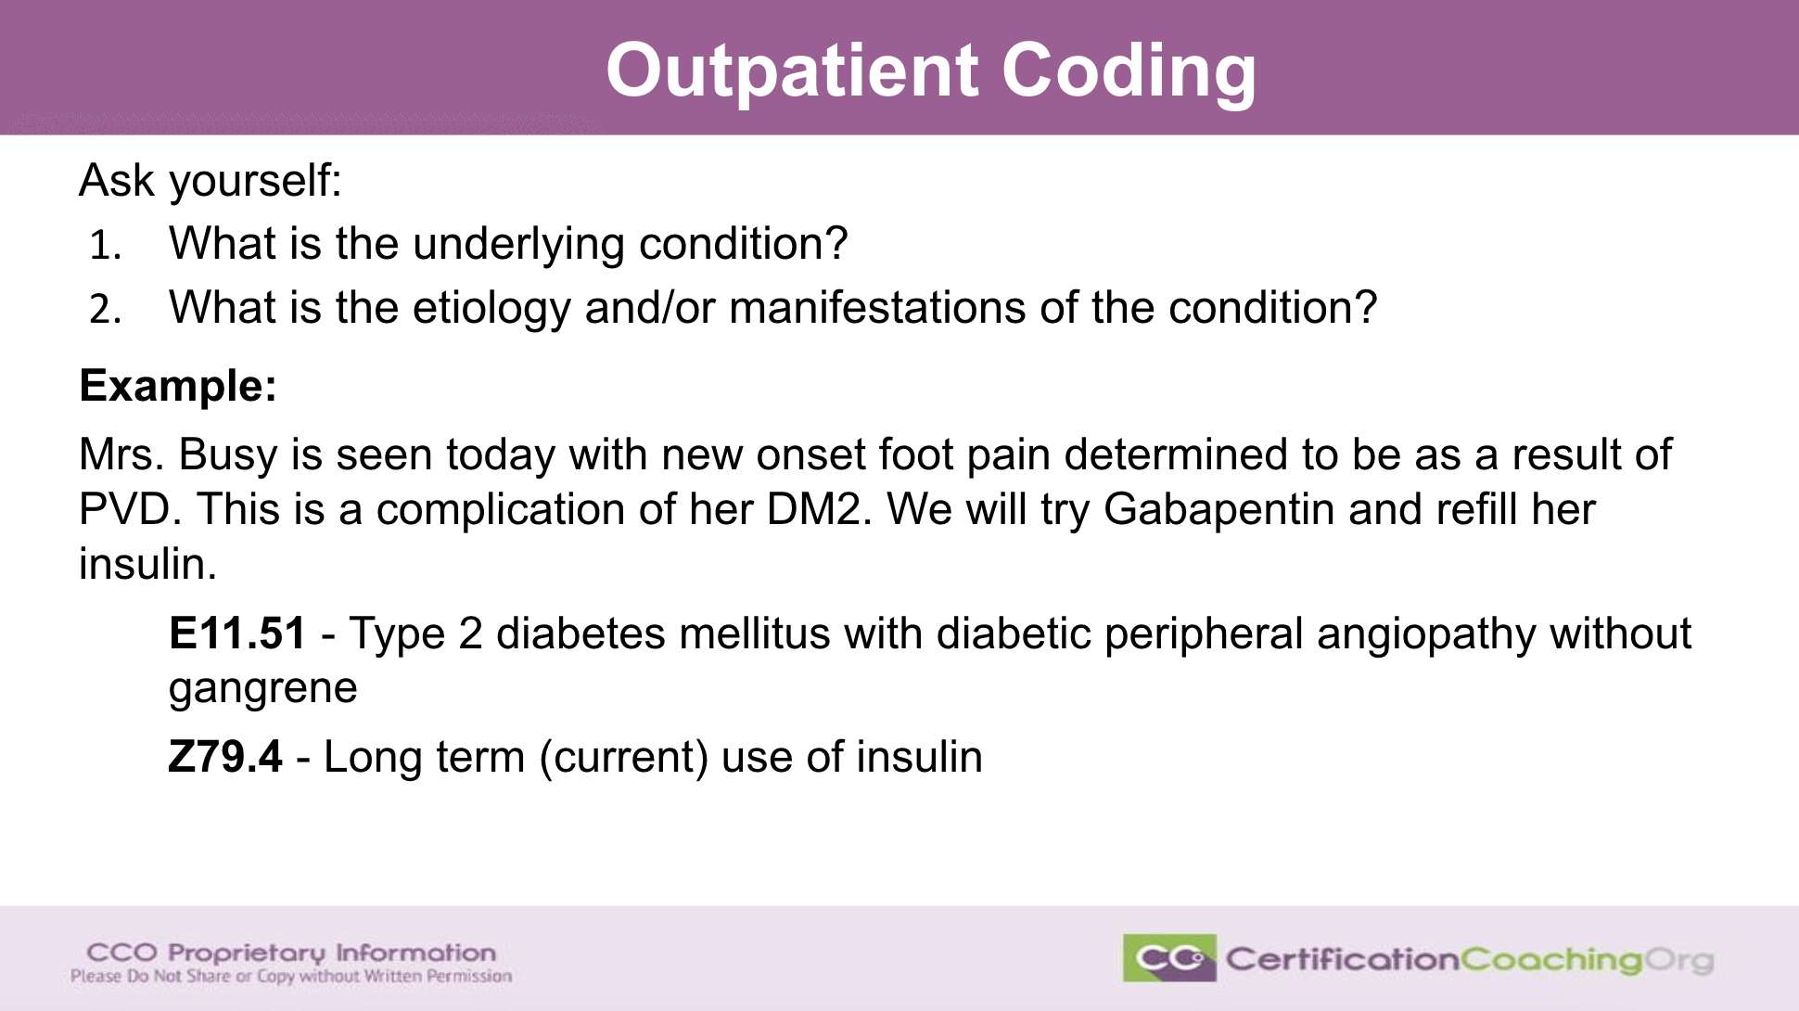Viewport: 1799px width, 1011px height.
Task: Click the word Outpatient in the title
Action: (x=792, y=71)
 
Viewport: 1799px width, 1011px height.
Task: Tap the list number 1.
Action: (x=105, y=246)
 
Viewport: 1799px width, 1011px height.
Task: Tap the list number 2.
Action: (x=105, y=309)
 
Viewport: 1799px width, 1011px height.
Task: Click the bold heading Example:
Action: (x=178, y=387)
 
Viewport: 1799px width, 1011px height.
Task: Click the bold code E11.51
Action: (x=237, y=633)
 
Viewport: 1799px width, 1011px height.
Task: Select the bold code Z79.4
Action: (x=225, y=757)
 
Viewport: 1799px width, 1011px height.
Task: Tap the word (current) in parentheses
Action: (x=624, y=758)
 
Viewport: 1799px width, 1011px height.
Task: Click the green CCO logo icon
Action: (x=1168, y=958)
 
